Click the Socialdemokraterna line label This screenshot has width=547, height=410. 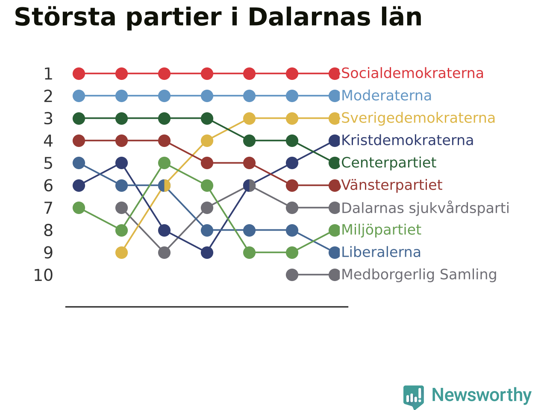(412, 73)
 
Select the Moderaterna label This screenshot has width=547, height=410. (386, 96)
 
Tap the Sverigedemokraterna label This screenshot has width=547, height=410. (418, 118)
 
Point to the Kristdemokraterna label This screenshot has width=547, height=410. (407, 141)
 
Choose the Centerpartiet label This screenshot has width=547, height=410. (388, 163)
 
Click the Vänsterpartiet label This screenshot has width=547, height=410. (392, 185)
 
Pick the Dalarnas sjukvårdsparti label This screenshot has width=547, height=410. (425, 208)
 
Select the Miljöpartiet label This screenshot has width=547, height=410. (381, 230)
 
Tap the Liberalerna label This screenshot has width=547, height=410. (381, 252)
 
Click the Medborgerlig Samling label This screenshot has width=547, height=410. (419, 275)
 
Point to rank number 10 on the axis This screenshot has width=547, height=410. (43, 275)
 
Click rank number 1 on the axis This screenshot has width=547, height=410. (48, 74)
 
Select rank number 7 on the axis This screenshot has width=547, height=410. (48, 208)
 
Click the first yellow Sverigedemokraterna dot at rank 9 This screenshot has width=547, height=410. (122, 253)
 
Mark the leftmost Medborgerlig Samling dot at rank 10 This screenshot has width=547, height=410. (292, 275)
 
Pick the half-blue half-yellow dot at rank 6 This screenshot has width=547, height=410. (164, 185)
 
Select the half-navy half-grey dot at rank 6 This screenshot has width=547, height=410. (249, 185)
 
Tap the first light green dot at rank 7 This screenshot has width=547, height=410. (79, 208)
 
